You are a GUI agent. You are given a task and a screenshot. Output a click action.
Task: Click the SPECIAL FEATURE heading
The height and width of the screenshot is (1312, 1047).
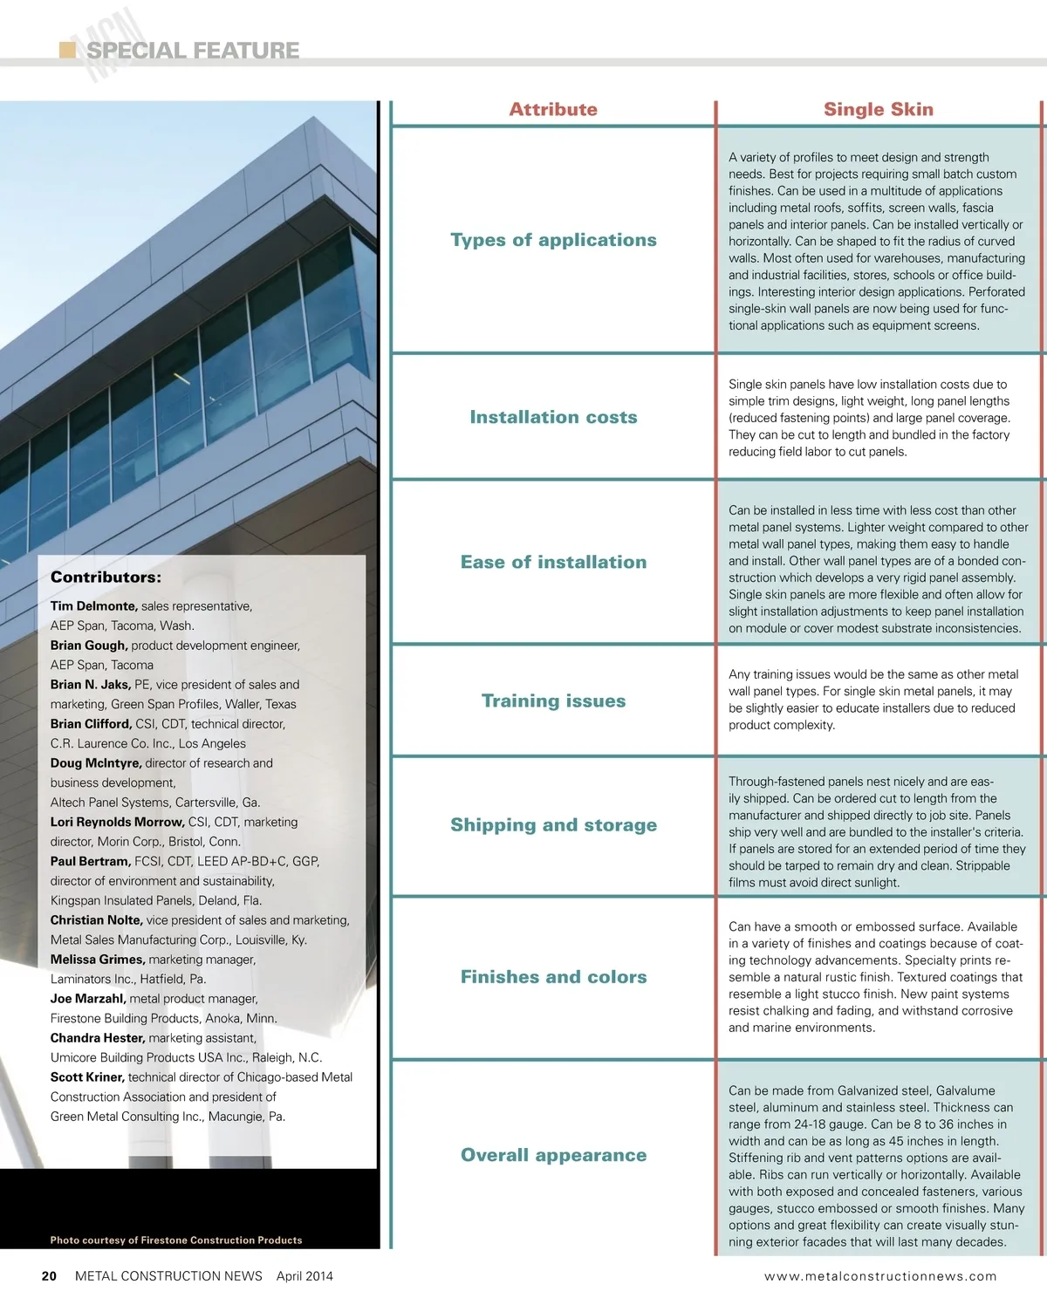click(193, 51)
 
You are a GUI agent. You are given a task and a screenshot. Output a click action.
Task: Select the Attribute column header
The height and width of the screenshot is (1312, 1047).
click(553, 110)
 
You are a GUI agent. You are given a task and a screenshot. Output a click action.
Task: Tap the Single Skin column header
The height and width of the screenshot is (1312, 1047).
click(878, 110)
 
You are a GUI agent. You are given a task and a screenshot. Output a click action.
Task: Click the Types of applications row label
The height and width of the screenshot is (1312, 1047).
click(553, 240)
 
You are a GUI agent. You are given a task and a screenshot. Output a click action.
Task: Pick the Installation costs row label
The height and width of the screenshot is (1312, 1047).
click(553, 417)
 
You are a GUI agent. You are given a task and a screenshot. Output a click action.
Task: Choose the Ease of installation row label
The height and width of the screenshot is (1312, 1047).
click(553, 562)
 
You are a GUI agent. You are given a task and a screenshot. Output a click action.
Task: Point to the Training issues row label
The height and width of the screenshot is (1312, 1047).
click(553, 700)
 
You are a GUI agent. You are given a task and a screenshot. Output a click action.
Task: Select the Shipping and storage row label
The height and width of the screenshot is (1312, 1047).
click(553, 825)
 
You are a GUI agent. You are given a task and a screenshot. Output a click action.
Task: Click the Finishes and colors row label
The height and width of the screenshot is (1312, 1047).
click(553, 977)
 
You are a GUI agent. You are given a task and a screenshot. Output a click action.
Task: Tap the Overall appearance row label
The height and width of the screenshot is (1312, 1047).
click(553, 1155)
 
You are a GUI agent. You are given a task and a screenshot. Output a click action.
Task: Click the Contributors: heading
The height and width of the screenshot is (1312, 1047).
click(106, 577)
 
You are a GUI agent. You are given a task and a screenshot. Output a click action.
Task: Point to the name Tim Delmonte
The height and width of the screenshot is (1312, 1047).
click(93, 606)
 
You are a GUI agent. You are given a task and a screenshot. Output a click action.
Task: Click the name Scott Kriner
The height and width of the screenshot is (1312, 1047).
click(87, 1077)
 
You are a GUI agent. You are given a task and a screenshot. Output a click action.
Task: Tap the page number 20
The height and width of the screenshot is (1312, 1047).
click(49, 1276)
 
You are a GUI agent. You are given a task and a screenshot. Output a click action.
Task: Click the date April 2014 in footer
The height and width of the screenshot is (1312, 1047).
click(305, 1276)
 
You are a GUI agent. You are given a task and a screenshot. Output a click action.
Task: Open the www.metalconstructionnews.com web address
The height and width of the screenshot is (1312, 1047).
click(879, 1276)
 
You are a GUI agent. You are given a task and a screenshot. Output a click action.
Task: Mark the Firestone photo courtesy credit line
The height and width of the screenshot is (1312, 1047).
click(176, 1240)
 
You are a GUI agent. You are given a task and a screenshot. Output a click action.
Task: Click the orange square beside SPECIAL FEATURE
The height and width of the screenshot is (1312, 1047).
click(67, 50)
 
